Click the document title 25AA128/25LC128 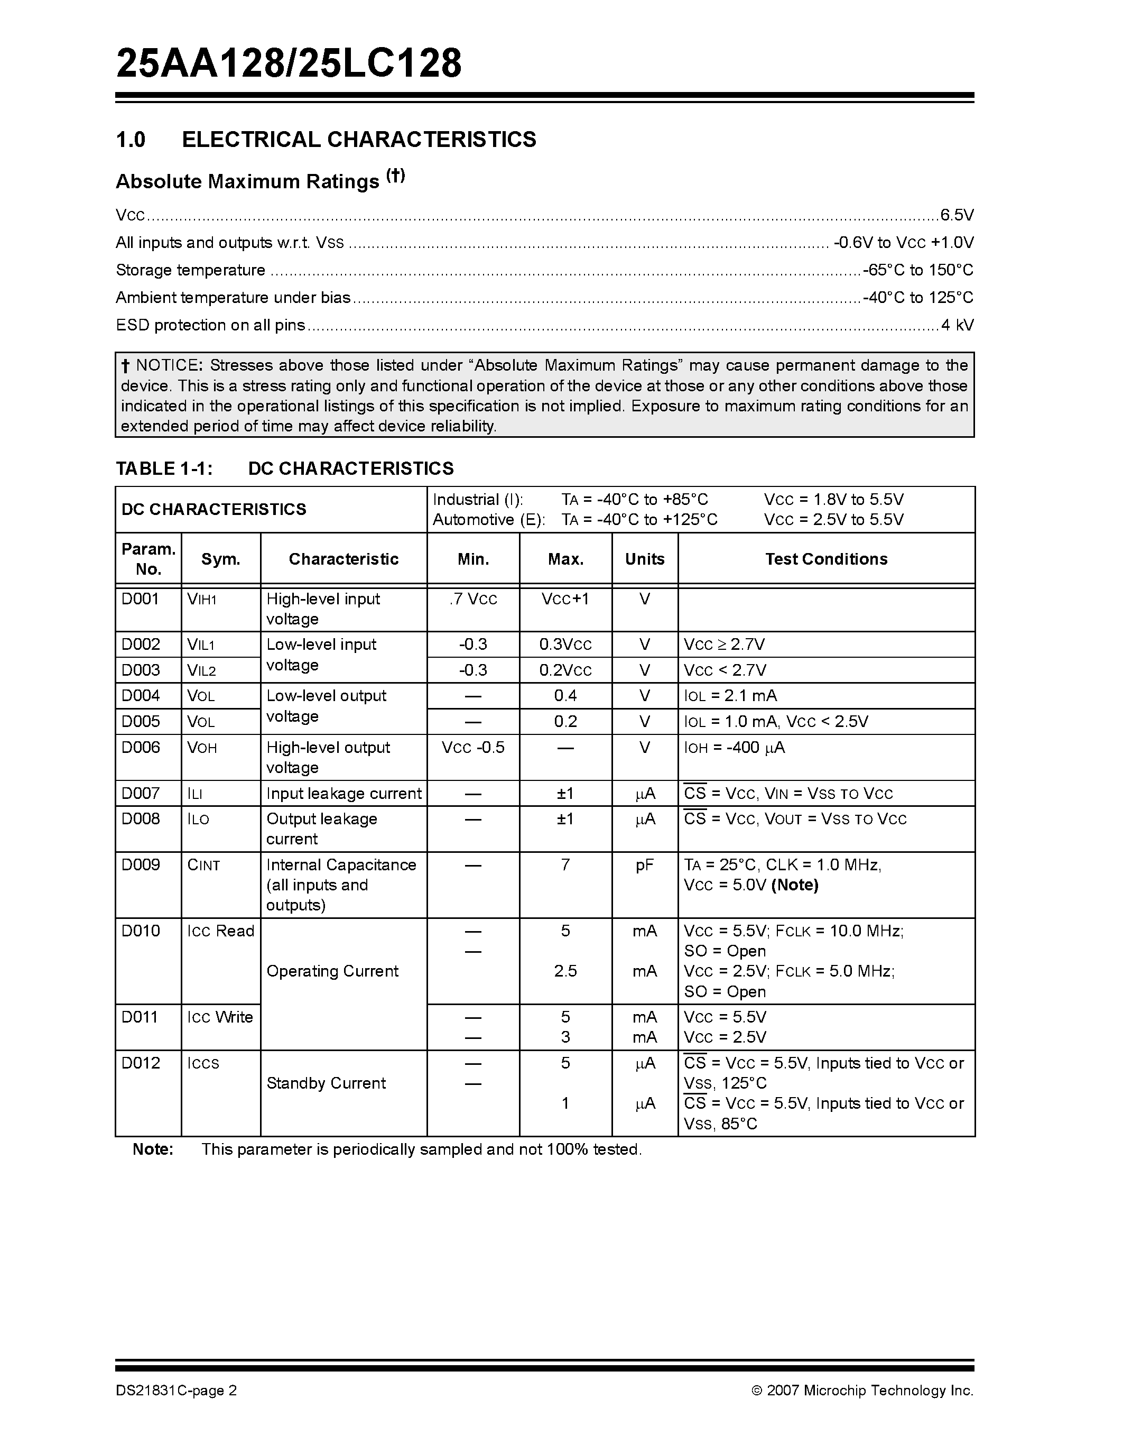(289, 64)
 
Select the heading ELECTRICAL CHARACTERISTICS (359, 139)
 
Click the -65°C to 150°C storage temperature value (918, 270)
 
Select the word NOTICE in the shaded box (168, 365)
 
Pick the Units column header (644, 559)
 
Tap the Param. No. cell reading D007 (141, 793)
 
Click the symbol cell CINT (203, 865)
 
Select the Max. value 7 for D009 (565, 865)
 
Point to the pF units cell (644, 865)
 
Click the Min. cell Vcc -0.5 (473, 748)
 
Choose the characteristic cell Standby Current (326, 1083)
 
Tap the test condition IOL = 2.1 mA (730, 696)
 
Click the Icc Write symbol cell (220, 1017)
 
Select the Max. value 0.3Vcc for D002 (565, 645)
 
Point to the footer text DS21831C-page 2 (177, 1390)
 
